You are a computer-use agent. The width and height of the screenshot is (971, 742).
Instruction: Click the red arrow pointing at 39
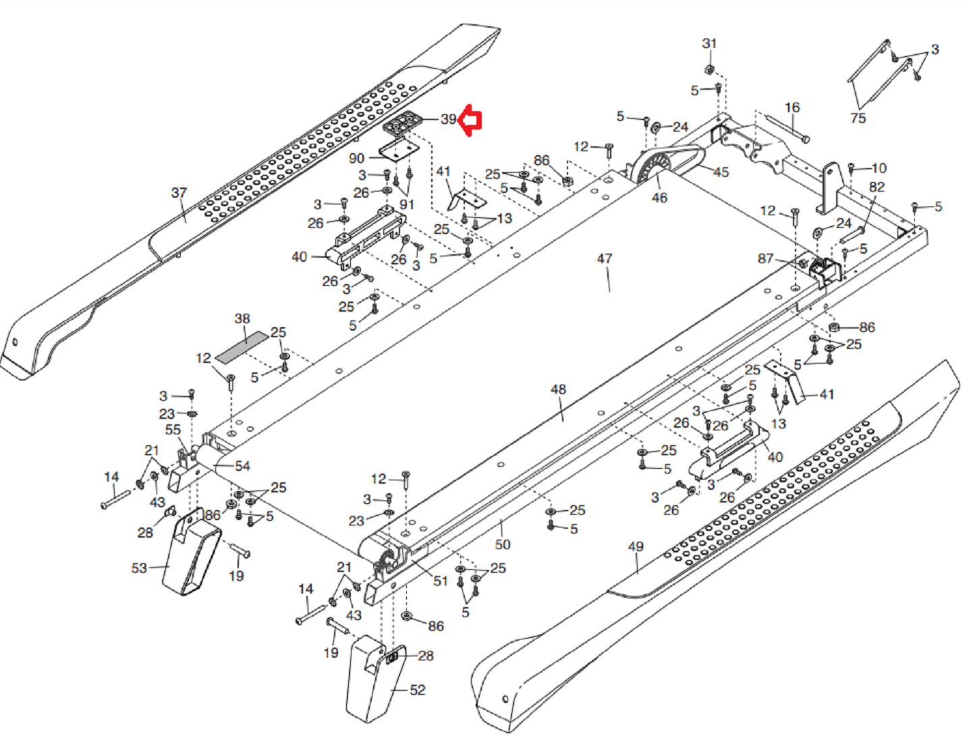[x=470, y=121]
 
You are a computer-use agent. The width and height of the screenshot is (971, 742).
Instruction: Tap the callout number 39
[x=449, y=119]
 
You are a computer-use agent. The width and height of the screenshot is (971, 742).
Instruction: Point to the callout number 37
[x=179, y=193]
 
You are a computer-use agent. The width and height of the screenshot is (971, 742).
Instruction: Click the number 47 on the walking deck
[x=605, y=258]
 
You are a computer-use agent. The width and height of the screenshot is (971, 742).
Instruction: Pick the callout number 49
[x=636, y=546]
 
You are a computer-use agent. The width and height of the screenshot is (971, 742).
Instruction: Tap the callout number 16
[x=792, y=107]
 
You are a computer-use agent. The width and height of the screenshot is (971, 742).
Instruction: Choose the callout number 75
[x=858, y=118]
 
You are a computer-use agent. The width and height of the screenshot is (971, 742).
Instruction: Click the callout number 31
[x=709, y=43]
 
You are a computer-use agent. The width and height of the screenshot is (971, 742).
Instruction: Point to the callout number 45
[x=721, y=172]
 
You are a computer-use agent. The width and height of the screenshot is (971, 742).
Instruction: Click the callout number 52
[x=418, y=690]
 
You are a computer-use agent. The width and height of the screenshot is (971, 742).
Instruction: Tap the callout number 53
[x=139, y=568]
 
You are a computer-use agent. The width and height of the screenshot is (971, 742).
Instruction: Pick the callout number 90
[x=356, y=159]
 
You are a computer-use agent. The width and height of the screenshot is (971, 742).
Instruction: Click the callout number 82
[x=877, y=187]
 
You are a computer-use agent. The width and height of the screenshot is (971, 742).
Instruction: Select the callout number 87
[x=765, y=258]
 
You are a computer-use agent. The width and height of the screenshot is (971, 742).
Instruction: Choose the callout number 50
[x=503, y=544]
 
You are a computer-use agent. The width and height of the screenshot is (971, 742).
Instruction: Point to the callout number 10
[x=879, y=168]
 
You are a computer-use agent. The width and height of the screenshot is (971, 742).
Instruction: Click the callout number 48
[x=558, y=389]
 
